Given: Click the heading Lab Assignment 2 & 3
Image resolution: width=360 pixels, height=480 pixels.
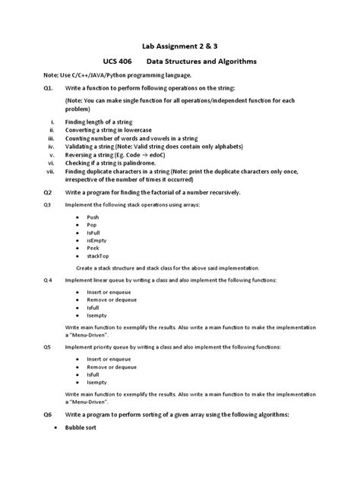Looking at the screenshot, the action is pos(179,44).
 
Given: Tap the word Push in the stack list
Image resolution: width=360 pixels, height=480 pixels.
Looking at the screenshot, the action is pos(93,217).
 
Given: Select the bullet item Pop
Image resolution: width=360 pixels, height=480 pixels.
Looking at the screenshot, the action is pos(92,226).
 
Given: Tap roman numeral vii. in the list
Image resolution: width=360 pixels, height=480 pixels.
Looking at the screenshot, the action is pos(51,171).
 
